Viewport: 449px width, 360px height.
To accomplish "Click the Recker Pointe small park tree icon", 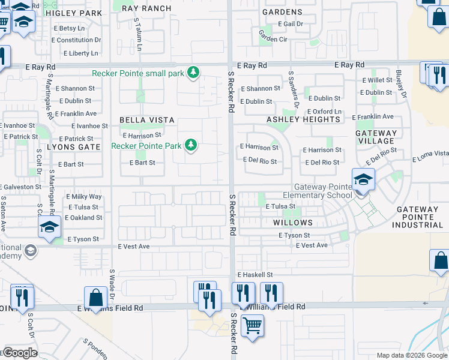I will pyautogui.click(x=193, y=73).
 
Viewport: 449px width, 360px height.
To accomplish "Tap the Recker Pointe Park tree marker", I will pyautogui.click(x=191, y=145).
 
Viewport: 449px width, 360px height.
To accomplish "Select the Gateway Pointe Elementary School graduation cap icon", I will pyautogui.click(x=363, y=179).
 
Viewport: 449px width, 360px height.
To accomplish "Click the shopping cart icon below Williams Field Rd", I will pyautogui.click(x=252, y=326).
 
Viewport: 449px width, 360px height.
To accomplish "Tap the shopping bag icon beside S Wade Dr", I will pyautogui.click(x=95, y=296).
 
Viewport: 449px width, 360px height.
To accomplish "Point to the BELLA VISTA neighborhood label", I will pyautogui.click(x=146, y=120).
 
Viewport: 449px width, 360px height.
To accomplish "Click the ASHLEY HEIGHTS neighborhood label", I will pyautogui.click(x=303, y=119).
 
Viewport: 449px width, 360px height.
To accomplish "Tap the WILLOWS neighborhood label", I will pyautogui.click(x=293, y=222).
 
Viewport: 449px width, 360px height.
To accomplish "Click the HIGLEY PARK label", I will pyautogui.click(x=74, y=13).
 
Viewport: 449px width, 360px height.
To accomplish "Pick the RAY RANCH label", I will pyautogui.click(x=146, y=8).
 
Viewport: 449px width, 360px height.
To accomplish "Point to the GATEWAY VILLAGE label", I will pyautogui.click(x=376, y=137).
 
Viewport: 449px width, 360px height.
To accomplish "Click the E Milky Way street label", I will pyautogui.click(x=84, y=197).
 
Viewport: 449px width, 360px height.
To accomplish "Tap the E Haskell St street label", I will pyautogui.click(x=255, y=274).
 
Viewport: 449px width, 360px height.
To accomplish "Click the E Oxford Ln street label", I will pyautogui.click(x=324, y=112).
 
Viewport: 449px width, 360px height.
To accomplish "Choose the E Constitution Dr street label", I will pyautogui.click(x=76, y=40).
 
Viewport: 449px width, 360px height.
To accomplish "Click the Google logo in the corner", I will pyautogui.click(x=20, y=353).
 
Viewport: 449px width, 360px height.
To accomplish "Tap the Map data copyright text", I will pyautogui.click(x=412, y=355).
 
